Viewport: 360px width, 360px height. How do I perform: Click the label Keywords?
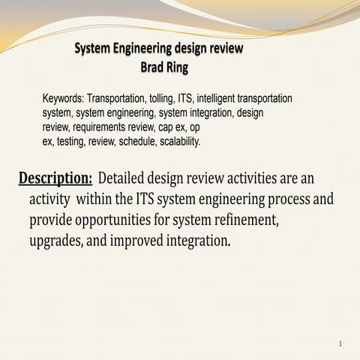tap(63, 98)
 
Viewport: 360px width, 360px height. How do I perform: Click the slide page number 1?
tap(340, 344)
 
